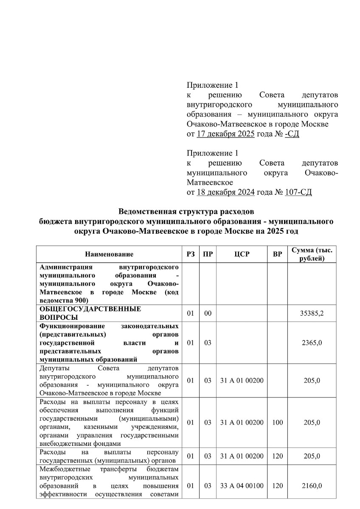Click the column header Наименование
(x=109, y=255)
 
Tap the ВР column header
(x=277, y=255)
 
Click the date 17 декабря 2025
(x=225, y=134)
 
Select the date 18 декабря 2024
(x=225, y=192)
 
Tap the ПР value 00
(x=208, y=313)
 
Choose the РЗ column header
(x=191, y=255)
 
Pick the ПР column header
(x=208, y=255)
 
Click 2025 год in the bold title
(x=283, y=231)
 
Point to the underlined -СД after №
(x=292, y=134)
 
